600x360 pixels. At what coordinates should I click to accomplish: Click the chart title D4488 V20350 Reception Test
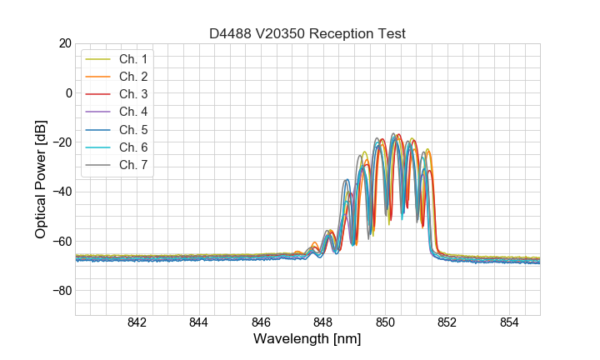307,34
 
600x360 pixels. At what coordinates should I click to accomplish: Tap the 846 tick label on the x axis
261,323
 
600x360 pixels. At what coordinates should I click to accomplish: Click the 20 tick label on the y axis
65,43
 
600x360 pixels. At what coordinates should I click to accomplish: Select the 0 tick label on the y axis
68,92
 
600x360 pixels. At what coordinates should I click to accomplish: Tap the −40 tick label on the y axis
62,192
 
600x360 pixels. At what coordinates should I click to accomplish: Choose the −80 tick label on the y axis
62,291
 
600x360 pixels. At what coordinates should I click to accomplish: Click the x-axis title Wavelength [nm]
307,340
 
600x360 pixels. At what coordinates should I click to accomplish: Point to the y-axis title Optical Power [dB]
40,179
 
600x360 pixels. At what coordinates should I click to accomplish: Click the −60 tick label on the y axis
62,241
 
